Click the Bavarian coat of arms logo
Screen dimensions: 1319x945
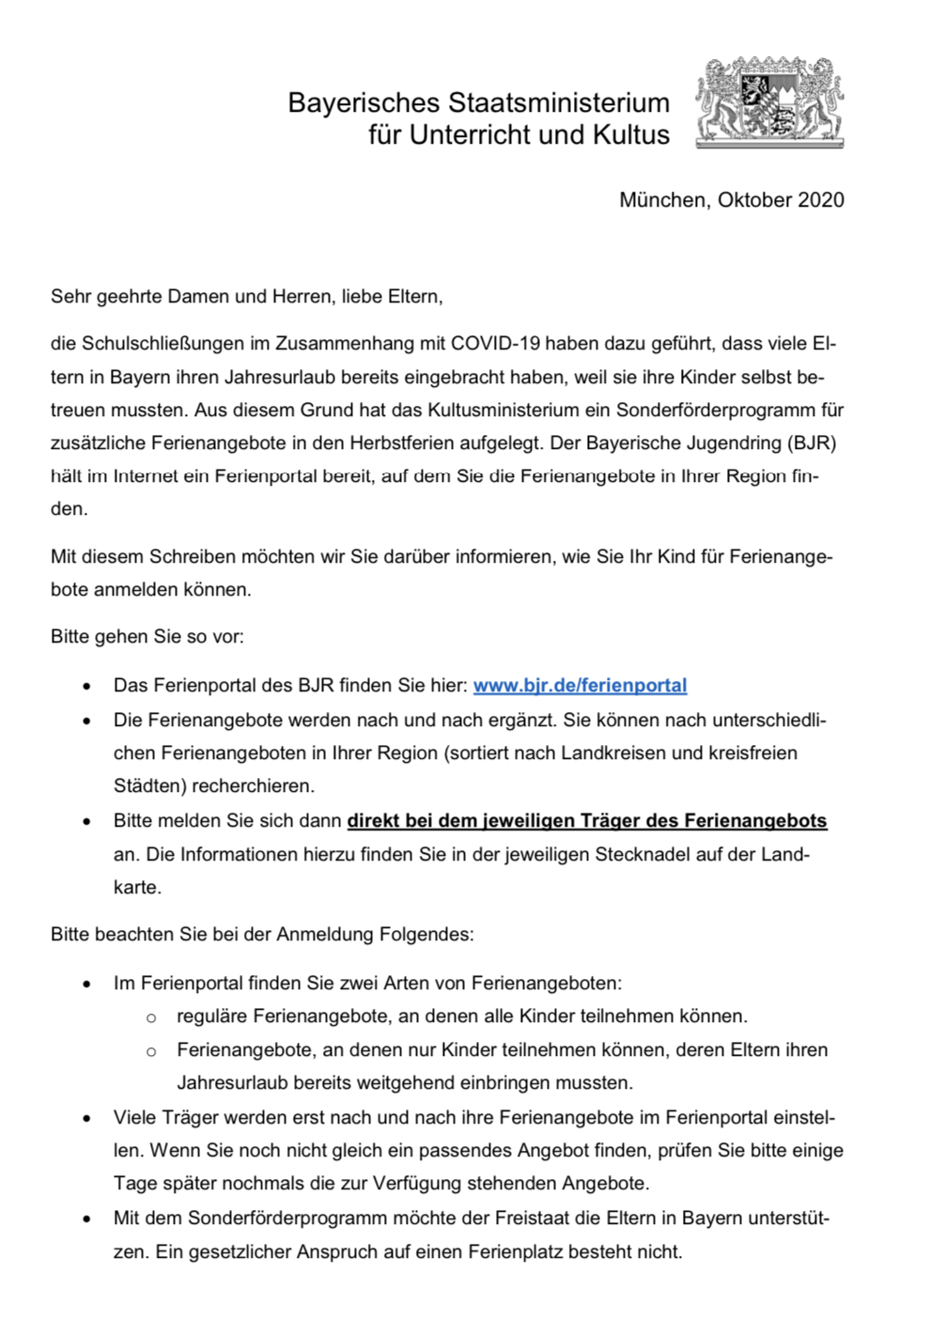[769, 101]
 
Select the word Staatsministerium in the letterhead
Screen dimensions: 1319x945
[558, 102]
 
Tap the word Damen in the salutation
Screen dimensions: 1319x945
[198, 297]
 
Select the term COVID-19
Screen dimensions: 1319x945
[495, 344]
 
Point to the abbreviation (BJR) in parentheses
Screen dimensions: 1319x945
[813, 443]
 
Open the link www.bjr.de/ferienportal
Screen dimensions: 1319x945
[580, 686]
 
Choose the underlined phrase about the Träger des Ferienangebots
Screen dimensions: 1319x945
[587, 821]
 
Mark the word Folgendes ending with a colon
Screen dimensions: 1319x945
[426, 935]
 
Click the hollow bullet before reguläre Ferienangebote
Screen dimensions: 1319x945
[151, 1017]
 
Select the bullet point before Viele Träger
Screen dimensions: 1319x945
[87, 1119]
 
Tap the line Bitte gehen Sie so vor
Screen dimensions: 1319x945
[147, 637]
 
